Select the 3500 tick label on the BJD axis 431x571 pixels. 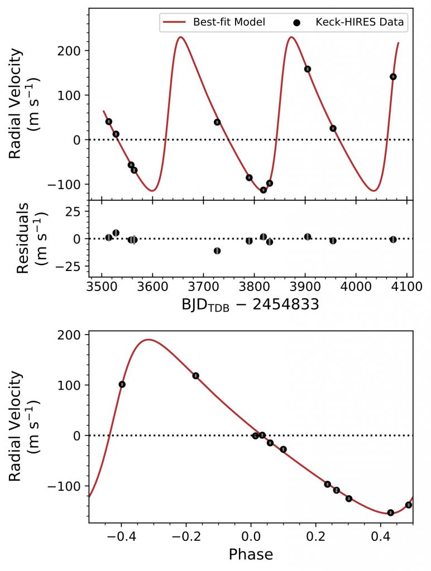tap(101, 288)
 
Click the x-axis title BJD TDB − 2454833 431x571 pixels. tap(250, 306)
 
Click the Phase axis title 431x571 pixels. tap(250, 554)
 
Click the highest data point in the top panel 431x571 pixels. tap(308, 69)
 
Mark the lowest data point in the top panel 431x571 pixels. tap(264, 190)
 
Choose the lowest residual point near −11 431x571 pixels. tap(217, 251)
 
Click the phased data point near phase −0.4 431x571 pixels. tap(122, 384)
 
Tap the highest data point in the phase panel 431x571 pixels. tap(196, 376)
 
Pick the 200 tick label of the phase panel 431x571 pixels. tap(70, 335)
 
